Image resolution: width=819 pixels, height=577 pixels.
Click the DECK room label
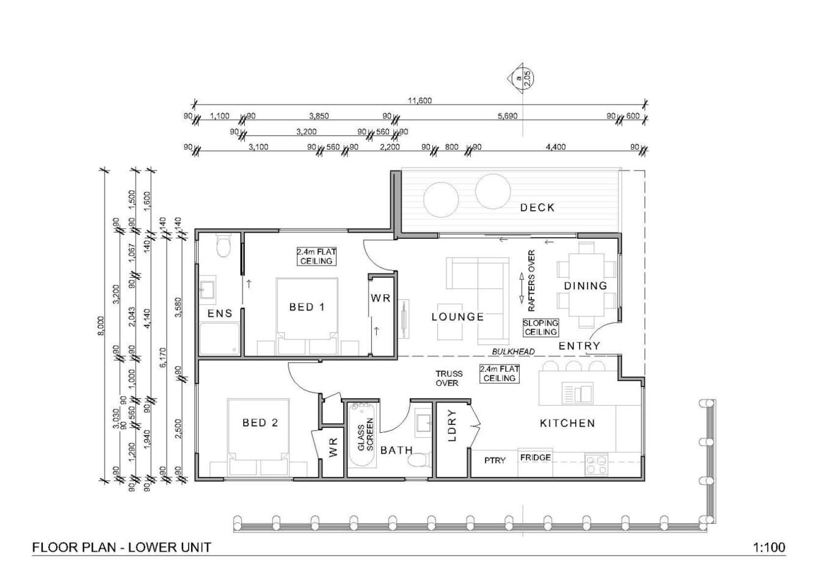537,208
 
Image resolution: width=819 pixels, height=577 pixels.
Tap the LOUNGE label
457,317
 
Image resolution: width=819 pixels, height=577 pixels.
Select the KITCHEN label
567,423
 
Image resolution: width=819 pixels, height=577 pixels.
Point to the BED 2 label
260,423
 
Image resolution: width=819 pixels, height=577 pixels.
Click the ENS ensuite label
220,313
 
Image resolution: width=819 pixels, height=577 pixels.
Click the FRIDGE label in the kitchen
536,457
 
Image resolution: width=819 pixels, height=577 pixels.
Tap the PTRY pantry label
495,460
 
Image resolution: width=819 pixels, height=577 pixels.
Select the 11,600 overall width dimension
420,101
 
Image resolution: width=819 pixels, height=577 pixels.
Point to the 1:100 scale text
770,547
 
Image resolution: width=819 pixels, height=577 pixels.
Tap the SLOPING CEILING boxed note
541,327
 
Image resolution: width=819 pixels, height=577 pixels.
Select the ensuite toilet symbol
223,247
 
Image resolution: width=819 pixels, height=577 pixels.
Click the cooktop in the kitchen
596,465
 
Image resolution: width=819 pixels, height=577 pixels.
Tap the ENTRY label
579,346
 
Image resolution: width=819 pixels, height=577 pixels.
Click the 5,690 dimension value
508,116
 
